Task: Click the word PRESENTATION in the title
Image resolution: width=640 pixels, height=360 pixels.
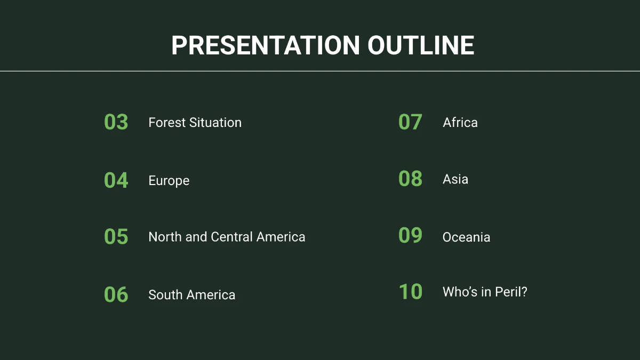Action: coord(265,45)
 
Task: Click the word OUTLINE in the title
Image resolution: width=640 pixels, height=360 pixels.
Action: coord(421,45)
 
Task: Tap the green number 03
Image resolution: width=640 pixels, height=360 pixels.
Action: coord(116,122)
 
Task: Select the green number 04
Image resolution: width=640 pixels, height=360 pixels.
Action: coord(116,180)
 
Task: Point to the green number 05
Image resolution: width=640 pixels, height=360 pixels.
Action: coord(116,237)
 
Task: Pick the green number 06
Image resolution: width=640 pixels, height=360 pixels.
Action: coord(116,294)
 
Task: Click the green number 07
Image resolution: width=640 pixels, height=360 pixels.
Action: coord(410,122)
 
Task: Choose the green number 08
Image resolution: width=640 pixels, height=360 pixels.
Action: coord(410,179)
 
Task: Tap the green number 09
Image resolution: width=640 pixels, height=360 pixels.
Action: coord(410,236)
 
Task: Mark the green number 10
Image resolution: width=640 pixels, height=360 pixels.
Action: coord(410,292)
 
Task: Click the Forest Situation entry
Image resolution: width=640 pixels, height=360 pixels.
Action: coord(195,123)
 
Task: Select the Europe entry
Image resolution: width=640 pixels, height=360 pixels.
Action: coord(169,181)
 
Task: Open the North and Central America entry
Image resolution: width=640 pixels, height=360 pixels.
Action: coord(227,237)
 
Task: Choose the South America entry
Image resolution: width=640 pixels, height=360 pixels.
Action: coord(191,295)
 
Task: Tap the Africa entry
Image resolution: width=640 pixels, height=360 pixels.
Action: coord(460,123)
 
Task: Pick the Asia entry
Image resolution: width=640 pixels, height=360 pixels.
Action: coord(455,179)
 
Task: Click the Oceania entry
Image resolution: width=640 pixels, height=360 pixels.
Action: coord(466,237)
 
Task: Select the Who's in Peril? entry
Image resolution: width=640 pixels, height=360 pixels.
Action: coord(484,292)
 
